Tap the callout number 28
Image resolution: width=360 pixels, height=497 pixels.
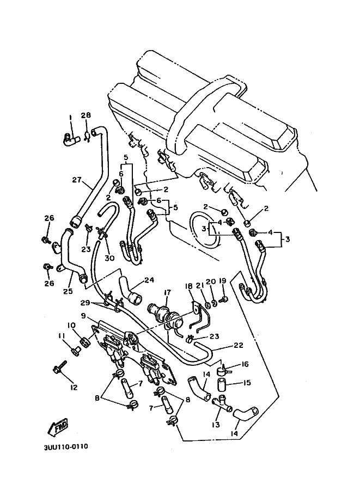click(x=86, y=115)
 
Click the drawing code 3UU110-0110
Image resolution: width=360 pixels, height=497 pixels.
click(x=65, y=447)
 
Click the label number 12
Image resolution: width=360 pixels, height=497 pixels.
click(x=74, y=388)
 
